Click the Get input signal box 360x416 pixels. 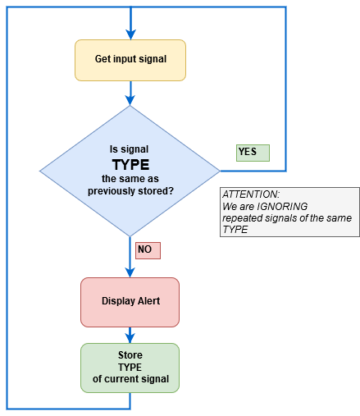tap(130, 60)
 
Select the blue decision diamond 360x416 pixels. tap(130, 171)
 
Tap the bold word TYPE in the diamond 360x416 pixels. tap(130, 165)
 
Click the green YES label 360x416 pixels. tap(253, 153)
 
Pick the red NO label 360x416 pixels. tap(148, 250)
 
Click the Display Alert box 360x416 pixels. tap(130, 302)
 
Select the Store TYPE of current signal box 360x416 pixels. tap(130, 368)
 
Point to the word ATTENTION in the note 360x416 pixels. tap(251, 194)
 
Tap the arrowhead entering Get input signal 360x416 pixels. tap(130, 34)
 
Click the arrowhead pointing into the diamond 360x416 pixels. tap(130, 100)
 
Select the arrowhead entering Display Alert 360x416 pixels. tap(130, 272)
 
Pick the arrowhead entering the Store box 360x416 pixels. tap(130, 339)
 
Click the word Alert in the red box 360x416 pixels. tap(148, 301)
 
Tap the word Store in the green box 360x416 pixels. tap(130, 355)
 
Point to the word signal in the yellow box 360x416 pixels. tap(153, 59)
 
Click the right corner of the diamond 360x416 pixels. tap(220, 171)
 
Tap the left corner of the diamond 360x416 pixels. tap(39, 171)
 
